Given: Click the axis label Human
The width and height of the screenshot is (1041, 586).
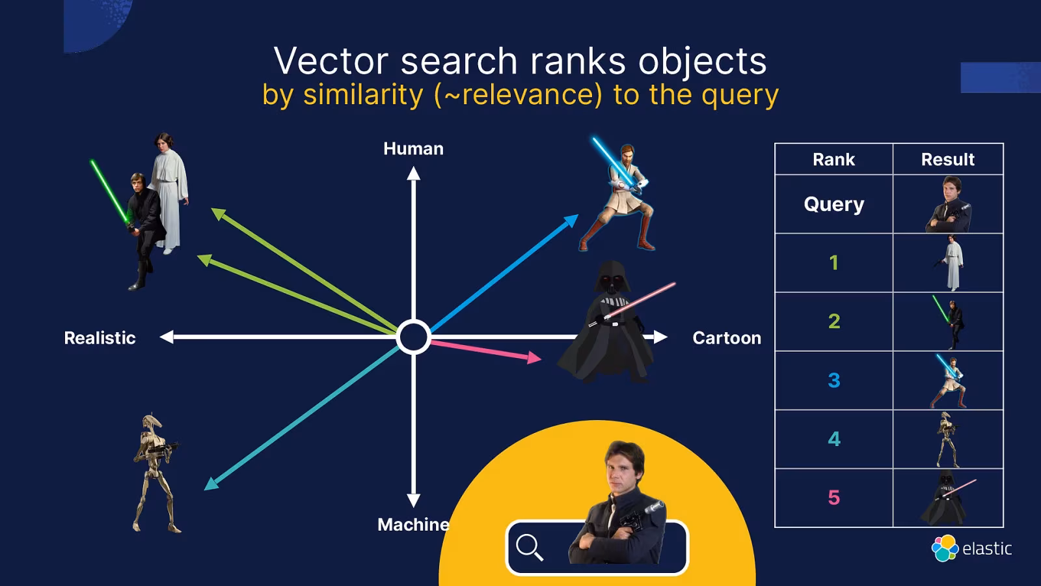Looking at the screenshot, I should pyautogui.click(x=413, y=149).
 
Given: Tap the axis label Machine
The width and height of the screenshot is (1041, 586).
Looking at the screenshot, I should pyautogui.click(x=413, y=525).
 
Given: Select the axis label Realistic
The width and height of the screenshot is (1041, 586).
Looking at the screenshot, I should pyautogui.click(x=100, y=338).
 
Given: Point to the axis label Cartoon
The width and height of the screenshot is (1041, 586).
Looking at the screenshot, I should pyautogui.click(x=726, y=338).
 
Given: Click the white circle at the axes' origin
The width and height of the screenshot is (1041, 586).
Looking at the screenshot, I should pyautogui.click(x=413, y=337).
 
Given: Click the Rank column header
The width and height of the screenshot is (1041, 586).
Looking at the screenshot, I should pyautogui.click(x=833, y=160).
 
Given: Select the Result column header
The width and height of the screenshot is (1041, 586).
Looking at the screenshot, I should pyautogui.click(x=947, y=160).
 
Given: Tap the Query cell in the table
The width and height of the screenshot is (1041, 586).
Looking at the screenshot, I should pyautogui.click(x=833, y=204).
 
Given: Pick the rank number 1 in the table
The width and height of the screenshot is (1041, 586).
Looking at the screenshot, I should pyautogui.click(x=833, y=262).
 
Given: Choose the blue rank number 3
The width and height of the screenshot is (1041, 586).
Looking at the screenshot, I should pyautogui.click(x=833, y=380).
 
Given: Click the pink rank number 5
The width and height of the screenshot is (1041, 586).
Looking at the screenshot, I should pyautogui.click(x=833, y=498).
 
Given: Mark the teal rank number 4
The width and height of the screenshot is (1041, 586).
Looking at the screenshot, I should pyautogui.click(x=833, y=439).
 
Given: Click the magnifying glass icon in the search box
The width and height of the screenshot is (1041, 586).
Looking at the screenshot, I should pyautogui.click(x=529, y=547).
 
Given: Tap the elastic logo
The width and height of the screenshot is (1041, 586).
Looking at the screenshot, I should pyautogui.click(x=972, y=548).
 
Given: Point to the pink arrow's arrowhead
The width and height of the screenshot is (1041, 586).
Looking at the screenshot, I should pyautogui.click(x=535, y=357).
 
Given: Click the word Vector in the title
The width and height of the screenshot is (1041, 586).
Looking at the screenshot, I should pyautogui.click(x=331, y=61).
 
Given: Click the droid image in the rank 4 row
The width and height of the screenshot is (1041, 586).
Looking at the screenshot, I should pyautogui.click(x=947, y=439).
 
